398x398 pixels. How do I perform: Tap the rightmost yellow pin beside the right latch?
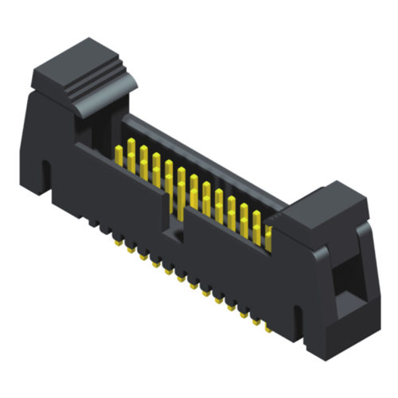pyautogui.click(x=268, y=235)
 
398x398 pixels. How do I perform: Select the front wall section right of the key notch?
pyautogui.click(x=231, y=267)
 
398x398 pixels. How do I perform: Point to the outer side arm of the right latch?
pyautogui.click(x=367, y=263)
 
